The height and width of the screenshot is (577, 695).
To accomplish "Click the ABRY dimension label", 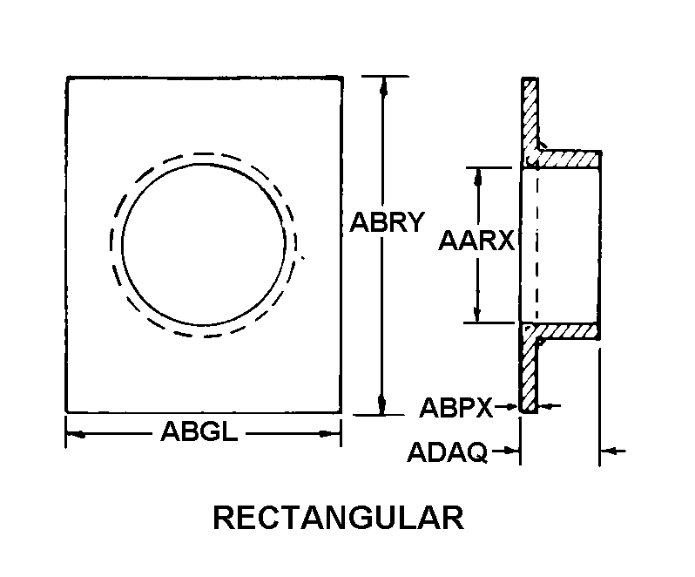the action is pyautogui.click(x=387, y=221).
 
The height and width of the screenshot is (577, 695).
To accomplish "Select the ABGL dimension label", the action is pyautogui.click(x=199, y=431).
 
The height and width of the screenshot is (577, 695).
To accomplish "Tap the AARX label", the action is pyautogui.click(x=476, y=241).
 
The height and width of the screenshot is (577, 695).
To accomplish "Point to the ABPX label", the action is pyautogui.click(x=455, y=407).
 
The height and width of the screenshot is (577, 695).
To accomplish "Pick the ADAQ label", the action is pyautogui.click(x=448, y=452).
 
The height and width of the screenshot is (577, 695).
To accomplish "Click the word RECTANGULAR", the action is pyautogui.click(x=339, y=518).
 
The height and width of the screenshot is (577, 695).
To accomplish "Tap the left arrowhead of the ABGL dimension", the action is pyautogui.click(x=76, y=434).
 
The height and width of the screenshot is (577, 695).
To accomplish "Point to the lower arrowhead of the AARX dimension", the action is pyautogui.click(x=477, y=313).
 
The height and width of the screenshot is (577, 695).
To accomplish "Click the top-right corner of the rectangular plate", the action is pyautogui.click(x=342, y=78).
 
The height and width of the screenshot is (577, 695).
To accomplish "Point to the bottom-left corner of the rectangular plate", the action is pyautogui.click(x=66, y=412).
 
